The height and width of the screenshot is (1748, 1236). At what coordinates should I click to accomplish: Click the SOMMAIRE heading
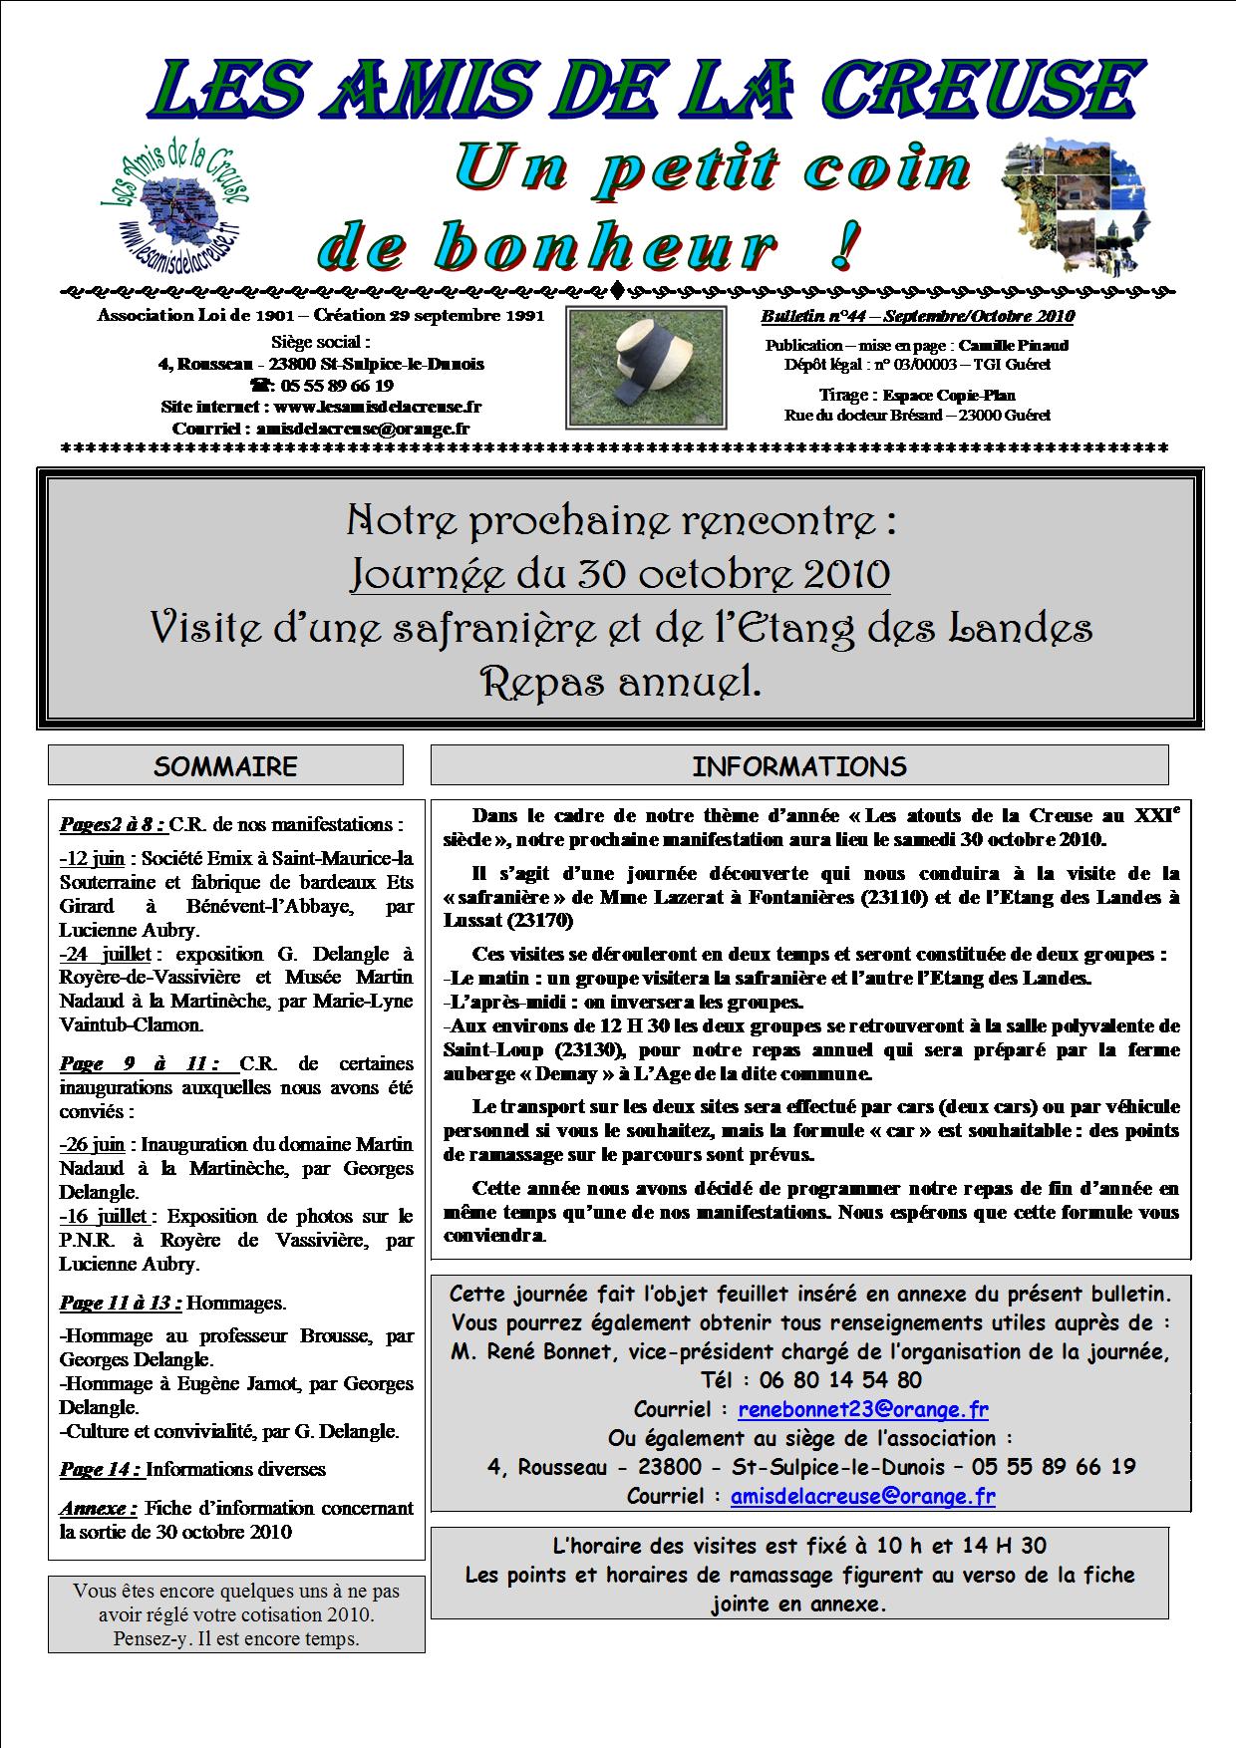tap(225, 765)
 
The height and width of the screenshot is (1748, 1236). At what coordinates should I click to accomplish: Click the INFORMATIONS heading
tap(798, 765)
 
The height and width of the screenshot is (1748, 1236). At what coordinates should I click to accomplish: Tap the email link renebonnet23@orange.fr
tap(862, 1409)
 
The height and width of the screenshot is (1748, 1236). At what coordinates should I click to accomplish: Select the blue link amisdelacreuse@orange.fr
tap(862, 1495)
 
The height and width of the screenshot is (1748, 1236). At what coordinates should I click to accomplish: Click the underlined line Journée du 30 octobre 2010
tap(619, 574)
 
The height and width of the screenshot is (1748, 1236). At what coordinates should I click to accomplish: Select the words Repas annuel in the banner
tap(619, 682)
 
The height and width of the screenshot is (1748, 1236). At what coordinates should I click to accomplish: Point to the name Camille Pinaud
tap(1014, 345)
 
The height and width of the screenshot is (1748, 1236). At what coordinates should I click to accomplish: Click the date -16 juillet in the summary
tap(104, 1216)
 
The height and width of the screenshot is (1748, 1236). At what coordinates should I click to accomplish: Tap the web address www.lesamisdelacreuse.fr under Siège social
tap(378, 407)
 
